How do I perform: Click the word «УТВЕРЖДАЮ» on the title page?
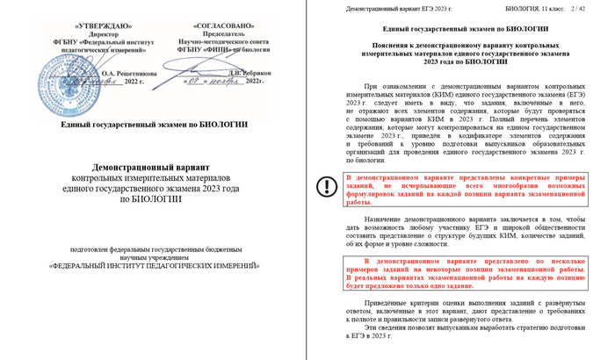tap(96, 25)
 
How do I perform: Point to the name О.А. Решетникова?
tap(120, 73)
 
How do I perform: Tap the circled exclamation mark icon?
tap(327, 186)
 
